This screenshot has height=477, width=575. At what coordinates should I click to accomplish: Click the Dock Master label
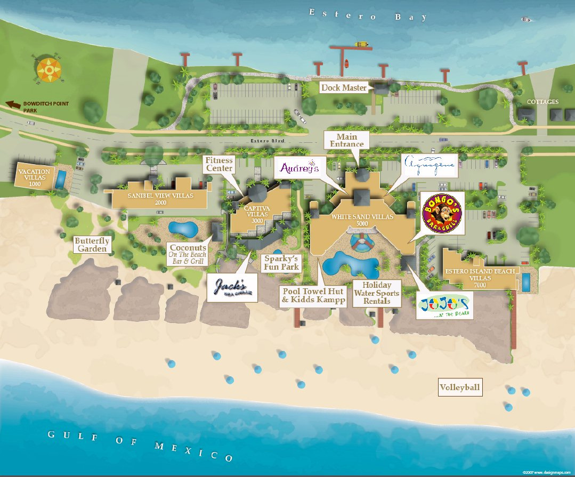(344, 87)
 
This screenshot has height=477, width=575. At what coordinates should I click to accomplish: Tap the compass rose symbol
(49, 67)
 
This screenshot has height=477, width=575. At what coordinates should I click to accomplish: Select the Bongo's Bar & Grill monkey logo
(442, 213)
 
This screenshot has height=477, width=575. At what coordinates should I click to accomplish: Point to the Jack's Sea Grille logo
(232, 288)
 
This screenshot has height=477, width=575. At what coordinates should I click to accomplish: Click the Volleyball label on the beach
(460, 387)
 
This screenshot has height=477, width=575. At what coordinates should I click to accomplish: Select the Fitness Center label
(220, 164)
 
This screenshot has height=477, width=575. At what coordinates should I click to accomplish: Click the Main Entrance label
(346, 140)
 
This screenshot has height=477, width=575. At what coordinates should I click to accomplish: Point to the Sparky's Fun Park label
(281, 262)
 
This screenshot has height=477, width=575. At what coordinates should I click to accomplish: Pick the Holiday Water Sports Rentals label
(377, 293)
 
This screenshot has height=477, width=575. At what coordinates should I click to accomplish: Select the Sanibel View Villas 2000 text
(160, 199)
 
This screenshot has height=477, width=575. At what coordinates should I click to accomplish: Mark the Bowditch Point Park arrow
(13, 104)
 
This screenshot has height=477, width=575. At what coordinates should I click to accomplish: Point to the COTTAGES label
(542, 102)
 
